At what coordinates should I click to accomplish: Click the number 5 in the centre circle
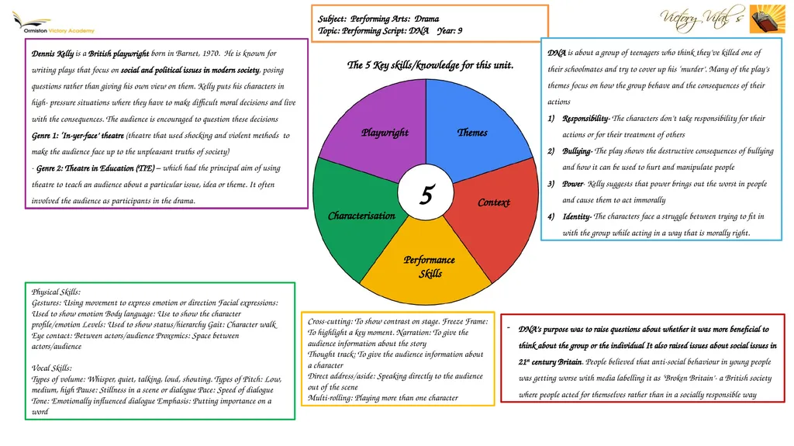(427, 194)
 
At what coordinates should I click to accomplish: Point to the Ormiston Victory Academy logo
(54, 23)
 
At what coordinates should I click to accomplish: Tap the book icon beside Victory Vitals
(767, 19)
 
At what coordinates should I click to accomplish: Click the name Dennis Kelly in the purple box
(53, 54)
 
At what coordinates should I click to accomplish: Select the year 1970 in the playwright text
(211, 54)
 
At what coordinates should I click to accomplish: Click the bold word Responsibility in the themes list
(586, 119)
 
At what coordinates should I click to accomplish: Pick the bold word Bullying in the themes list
(577, 151)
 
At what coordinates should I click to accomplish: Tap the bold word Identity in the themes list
(577, 217)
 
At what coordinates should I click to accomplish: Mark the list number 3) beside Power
(551, 184)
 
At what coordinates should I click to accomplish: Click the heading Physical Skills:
(56, 292)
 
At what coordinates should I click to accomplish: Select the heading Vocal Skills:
(52, 368)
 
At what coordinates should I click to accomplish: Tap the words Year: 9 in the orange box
(450, 31)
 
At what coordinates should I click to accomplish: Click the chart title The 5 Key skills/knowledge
(430, 65)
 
